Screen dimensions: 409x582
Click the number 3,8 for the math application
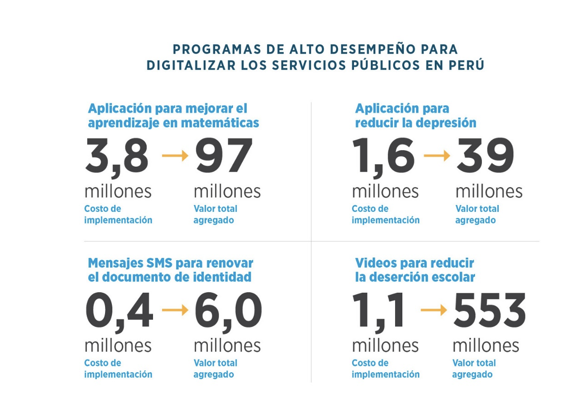pos(117,156)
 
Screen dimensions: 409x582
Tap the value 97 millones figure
pos(224,156)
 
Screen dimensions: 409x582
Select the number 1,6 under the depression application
pos(383,156)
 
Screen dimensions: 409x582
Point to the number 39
pos(485,156)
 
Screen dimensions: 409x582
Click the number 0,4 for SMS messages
pos(119,311)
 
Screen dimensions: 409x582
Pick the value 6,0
pos(228,311)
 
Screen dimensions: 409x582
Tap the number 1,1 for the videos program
pos(379,311)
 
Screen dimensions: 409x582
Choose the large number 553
pos(489,311)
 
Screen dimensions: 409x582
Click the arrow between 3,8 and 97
pos(175,156)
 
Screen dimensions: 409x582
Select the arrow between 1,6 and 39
pos(437,156)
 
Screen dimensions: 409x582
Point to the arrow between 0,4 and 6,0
pos(175,310)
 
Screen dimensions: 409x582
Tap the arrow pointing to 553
pos(434,310)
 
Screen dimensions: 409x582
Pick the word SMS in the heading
pos(159,263)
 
